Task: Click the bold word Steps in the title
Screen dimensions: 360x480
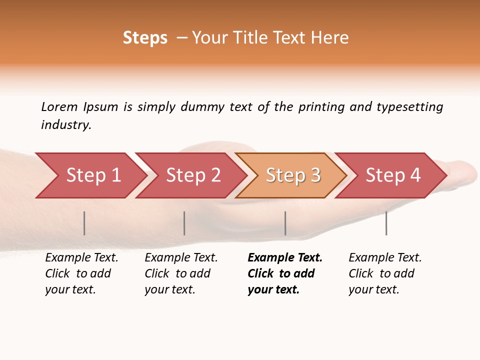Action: [145, 38]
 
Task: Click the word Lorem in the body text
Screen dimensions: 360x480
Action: [59, 106]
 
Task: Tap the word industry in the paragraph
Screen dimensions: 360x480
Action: [66, 125]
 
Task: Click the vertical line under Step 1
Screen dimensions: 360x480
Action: [84, 223]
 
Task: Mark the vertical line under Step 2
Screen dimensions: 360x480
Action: [184, 223]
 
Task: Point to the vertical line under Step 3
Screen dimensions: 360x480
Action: [285, 223]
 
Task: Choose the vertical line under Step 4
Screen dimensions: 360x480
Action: [386, 223]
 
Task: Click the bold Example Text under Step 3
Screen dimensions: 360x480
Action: [285, 258]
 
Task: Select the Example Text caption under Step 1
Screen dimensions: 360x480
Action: [81, 258]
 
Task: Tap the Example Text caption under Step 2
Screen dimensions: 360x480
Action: [181, 258]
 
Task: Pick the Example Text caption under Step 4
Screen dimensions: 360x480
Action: [385, 258]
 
